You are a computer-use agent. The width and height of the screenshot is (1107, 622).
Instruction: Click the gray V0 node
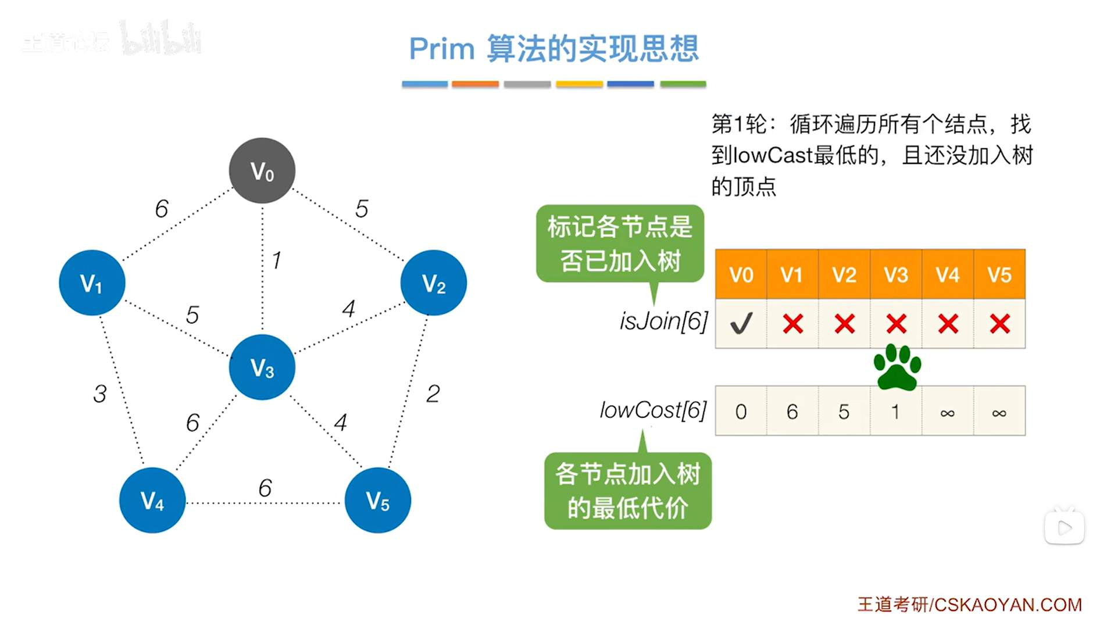tap(262, 170)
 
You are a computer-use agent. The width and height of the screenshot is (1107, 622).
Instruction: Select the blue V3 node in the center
tap(262, 367)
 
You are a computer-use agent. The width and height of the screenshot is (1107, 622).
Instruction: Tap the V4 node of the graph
tap(152, 500)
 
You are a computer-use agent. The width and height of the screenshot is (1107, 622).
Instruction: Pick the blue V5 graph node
tap(378, 500)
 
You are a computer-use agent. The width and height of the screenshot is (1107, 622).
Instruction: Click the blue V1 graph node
tap(92, 283)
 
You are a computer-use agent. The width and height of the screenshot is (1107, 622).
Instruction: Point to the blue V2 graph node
tap(434, 283)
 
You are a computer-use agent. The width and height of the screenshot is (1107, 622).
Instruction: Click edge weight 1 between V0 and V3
tap(277, 260)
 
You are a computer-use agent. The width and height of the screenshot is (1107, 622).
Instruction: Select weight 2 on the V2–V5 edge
tap(433, 394)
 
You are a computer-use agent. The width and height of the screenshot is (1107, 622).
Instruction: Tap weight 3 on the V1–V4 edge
tap(100, 394)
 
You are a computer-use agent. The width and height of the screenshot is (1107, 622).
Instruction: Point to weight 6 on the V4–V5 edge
tap(265, 488)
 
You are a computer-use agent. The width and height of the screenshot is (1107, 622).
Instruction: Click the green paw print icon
tap(897, 367)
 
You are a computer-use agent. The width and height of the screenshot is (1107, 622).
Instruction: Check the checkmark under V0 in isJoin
tap(741, 323)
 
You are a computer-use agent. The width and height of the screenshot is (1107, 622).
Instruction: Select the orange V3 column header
tap(896, 274)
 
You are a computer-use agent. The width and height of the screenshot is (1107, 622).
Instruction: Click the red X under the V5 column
tap(999, 323)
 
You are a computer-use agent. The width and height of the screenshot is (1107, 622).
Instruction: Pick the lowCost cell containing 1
tap(895, 412)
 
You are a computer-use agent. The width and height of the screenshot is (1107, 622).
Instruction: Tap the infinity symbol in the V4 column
tap(947, 413)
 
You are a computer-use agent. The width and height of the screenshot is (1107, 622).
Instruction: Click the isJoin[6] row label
tap(663, 321)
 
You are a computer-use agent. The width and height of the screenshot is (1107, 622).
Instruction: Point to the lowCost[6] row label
tap(653, 410)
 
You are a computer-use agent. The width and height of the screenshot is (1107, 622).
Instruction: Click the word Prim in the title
tap(442, 49)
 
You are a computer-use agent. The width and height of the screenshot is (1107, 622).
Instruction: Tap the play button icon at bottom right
tap(1065, 527)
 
